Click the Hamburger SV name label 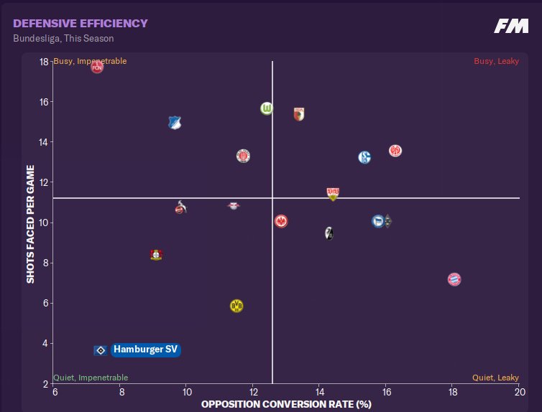click(x=145, y=350)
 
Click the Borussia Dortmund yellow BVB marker click(x=236, y=306)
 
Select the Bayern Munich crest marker click(x=454, y=278)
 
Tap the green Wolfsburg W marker click(x=267, y=108)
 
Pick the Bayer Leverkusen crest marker click(x=156, y=254)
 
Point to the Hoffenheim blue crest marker click(x=174, y=123)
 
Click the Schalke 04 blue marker click(x=364, y=157)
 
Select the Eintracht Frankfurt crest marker click(x=281, y=221)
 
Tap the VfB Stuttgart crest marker click(x=333, y=193)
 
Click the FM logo click(x=511, y=27)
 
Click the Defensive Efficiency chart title click(x=80, y=24)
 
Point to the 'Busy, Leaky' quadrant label click(x=496, y=61)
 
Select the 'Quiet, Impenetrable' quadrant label click(x=91, y=378)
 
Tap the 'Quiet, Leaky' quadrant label click(x=495, y=378)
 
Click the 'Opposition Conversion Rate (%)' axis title click(x=286, y=404)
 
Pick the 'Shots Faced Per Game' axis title click(x=30, y=223)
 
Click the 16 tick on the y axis click(x=44, y=102)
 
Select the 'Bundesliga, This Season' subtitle click(x=63, y=39)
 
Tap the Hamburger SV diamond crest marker click(x=101, y=350)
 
